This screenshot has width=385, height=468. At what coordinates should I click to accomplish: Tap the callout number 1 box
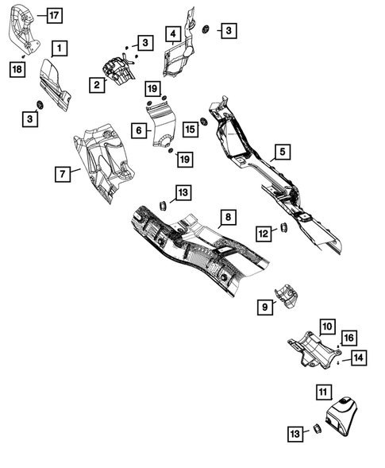coord(60,48)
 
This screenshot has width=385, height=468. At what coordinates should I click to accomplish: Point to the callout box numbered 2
coord(97,84)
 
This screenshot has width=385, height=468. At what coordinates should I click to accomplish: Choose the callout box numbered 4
coord(172,33)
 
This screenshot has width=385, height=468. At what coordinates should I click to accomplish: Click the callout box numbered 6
coord(138,130)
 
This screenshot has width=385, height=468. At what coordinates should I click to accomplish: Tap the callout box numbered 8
coord(227,216)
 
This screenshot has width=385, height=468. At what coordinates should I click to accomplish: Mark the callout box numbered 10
coord(327,325)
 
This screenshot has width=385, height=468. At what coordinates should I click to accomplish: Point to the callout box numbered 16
coord(349,338)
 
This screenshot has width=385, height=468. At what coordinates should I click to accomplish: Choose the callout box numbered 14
coord(359,358)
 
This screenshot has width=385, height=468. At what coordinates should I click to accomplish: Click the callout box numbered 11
coord(321,392)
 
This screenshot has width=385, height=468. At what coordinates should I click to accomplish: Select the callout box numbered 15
coord(190,128)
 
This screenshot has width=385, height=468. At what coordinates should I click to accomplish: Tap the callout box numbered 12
coord(262,233)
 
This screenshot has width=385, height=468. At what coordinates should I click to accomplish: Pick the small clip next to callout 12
coord(281,230)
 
